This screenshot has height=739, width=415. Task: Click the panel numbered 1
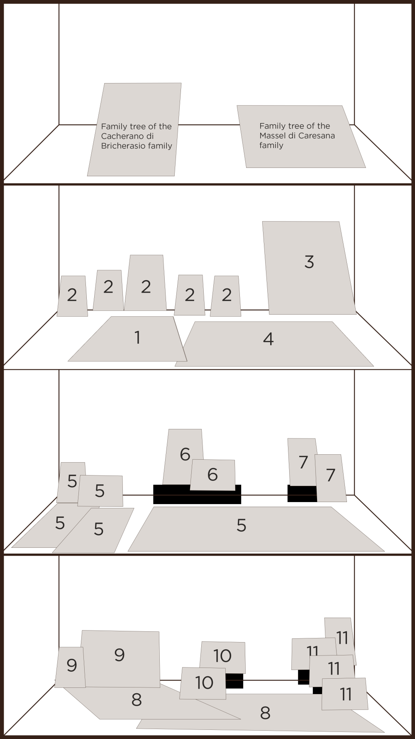129,339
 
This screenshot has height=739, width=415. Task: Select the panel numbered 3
309,268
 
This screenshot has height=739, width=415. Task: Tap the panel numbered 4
274,344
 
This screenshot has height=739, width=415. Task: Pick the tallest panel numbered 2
146,283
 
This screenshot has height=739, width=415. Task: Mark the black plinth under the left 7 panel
302,494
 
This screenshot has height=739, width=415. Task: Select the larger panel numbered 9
120,659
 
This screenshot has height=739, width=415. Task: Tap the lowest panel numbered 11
345,694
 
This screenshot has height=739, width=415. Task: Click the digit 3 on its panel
309,262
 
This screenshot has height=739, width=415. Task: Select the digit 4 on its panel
269,339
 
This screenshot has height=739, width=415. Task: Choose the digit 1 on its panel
138,337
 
